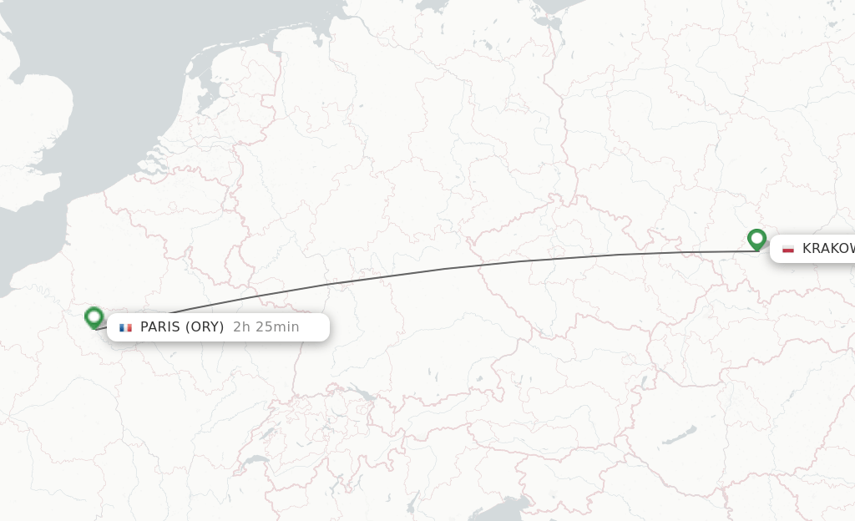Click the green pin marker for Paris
94,317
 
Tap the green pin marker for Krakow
757,240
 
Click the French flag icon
125,327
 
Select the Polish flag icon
787,249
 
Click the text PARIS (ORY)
181,327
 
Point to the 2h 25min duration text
266,327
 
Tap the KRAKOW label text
827,249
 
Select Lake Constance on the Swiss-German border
362,392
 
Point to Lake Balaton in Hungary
678,436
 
